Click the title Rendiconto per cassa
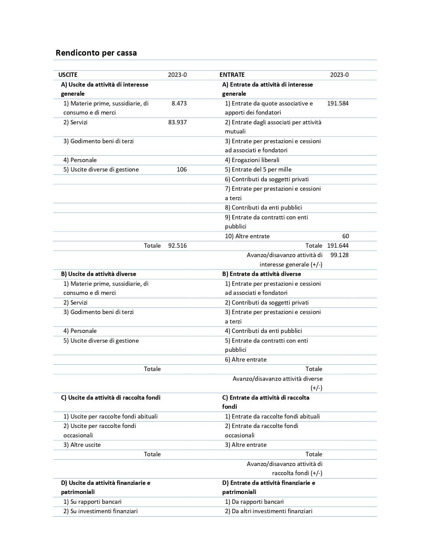click(x=96, y=53)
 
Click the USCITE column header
click(x=68, y=75)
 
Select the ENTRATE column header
click(x=232, y=75)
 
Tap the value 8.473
click(x=179, y=103)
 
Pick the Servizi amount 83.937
click(x=177, y=122)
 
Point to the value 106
click(x=181, y=169)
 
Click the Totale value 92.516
click(x=177, y=246)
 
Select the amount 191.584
click(x=338, y=103)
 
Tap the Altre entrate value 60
click(x=345, y=236)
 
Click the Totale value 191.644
click(x=338, y=246)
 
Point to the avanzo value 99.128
click(x=339, y=255)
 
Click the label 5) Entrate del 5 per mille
click(x=258, y=169)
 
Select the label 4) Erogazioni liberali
click(x=252, y=160)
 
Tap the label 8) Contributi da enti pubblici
click(x=263, y=208)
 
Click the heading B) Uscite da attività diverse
click(x=98, y=274)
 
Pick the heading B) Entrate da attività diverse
click(x=261, y=274)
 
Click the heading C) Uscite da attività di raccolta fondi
click(x=111, y=398)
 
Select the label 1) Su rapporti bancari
click(x=92, y=502)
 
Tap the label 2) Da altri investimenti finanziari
click(x=268, y=511)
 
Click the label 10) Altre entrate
click(x=247, y=236)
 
